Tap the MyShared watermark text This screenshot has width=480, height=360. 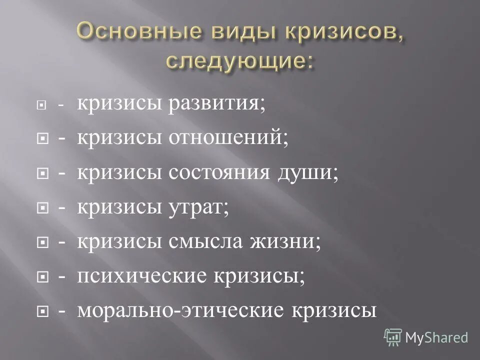coord(436,338)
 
